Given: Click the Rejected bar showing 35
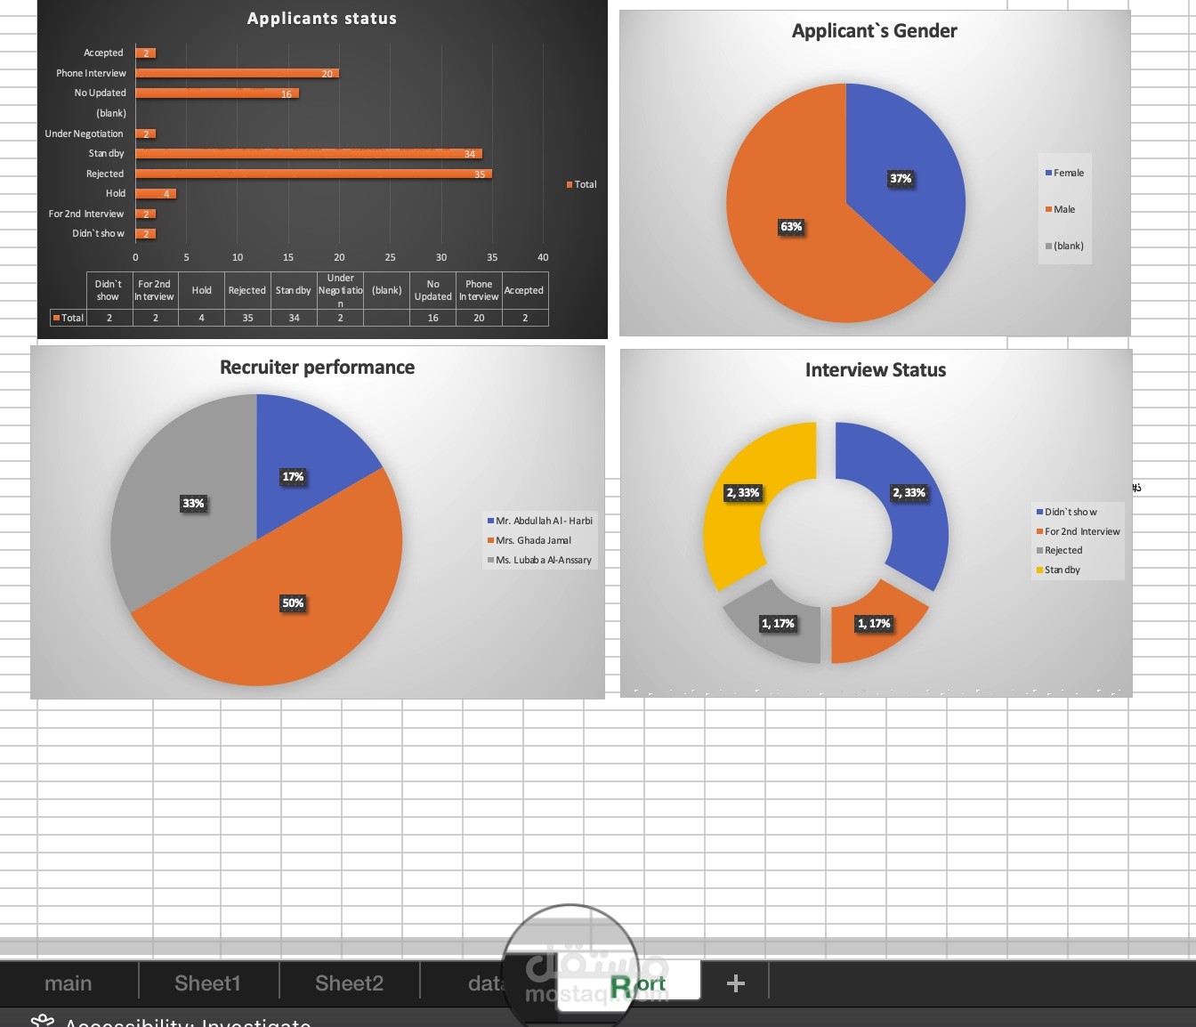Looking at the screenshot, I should click(311, 174).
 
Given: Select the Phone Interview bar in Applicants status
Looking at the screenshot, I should click(236, 73).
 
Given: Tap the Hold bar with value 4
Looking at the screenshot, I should click(155, 193).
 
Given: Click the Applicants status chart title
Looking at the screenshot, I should click(322, 19).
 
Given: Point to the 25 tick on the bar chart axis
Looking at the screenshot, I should click(390, 257).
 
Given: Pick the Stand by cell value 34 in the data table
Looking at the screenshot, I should click(294, 318).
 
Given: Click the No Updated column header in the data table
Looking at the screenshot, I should click(432, 290).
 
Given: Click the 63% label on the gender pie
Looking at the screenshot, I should click(791, 227).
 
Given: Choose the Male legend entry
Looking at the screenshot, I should click(1063, 210).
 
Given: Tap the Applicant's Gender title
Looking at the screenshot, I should click(874, 31).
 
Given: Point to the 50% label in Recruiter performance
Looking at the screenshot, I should click(293, 603).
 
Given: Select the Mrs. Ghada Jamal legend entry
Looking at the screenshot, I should click(532, 540).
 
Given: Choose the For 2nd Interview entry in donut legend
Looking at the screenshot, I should click(1081, 531).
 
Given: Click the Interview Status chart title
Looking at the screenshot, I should click(875, 370).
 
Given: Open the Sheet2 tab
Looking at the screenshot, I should click(349, 983).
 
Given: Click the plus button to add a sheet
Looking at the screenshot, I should click(735, 983).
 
